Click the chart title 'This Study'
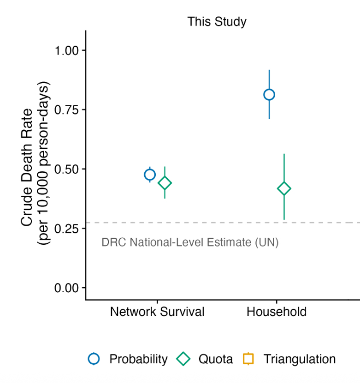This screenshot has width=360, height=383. (x=216, y=22)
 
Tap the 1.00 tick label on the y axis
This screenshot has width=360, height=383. (x=68, y=51)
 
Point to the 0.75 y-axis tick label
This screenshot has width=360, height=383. (x=68, y=110)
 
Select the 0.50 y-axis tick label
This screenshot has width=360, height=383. (x=68, y=169)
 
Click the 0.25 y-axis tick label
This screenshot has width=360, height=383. (x=68, y=228)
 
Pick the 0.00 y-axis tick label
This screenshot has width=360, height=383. (x=68, y=288)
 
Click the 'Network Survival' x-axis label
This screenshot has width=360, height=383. (x=157, y=312)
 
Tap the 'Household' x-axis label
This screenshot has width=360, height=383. (x=276, y=312)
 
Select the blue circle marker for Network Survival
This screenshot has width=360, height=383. (x=150, y=175)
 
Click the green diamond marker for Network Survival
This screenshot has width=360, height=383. (x=165, y=183)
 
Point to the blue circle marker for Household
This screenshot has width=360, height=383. (x=269, y=95)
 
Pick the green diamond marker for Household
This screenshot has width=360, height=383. (x=284, y=189)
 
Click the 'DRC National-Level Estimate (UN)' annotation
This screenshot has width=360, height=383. (x=190, y=242)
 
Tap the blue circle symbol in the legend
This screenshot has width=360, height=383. (x=94, y=359)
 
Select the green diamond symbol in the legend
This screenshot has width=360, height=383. (x=183, y=359)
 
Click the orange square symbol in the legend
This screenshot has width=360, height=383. (x=248, y=359)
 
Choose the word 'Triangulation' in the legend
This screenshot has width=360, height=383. (x=299, y=359)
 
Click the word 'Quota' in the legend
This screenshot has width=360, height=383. (x=215, y=359)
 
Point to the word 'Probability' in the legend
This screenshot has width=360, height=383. (x=138, y=359)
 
